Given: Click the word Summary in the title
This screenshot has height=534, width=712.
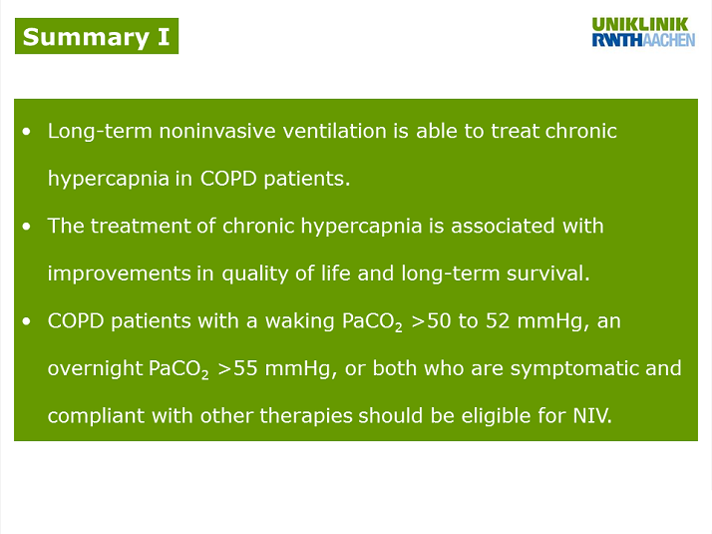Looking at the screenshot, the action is [86, 38].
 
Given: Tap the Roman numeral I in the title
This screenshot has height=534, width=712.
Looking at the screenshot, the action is [164, 36].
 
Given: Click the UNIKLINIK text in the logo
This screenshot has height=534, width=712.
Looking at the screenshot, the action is [640, 24].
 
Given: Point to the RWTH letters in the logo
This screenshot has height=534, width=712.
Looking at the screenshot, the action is [617, 40].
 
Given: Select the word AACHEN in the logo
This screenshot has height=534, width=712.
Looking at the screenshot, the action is [669, 40].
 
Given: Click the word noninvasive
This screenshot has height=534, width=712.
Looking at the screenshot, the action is [217, 131].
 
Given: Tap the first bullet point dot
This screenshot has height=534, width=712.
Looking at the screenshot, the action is [26, 132].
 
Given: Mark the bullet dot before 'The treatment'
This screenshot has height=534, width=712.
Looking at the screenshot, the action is [26, 227].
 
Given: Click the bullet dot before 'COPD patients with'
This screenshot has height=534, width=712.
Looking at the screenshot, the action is [26, 321].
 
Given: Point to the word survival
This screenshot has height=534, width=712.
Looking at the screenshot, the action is [547, 273].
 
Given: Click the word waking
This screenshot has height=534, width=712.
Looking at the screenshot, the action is [300, 321].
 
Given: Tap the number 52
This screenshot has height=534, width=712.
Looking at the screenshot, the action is [498, 320].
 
